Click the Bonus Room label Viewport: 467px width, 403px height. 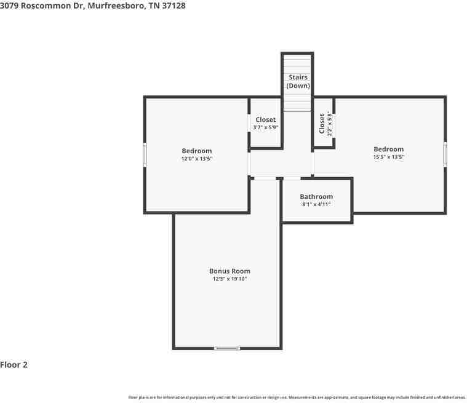[x=230, y=271]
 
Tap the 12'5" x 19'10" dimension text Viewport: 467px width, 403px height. [x=230, y=279]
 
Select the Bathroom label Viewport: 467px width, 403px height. [x=316, y=197]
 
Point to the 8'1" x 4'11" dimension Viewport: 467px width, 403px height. [x=316, y=204]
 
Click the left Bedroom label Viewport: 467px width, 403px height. [x=196, y=151]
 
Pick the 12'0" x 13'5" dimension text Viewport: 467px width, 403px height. [x=196, y=159]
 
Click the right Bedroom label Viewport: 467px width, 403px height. [x=388, y=149]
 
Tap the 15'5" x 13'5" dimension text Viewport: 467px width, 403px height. [x=388, y=157]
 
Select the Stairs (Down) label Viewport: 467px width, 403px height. [x=298, y=81]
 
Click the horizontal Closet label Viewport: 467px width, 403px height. [x=266, y=119]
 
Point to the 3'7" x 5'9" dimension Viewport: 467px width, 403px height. [x=266, y=127]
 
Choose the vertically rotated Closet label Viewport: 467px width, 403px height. [x=322, y=123]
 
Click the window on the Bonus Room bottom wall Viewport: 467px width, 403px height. [x=226, y=348]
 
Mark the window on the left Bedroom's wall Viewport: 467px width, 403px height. [x=145, y=154]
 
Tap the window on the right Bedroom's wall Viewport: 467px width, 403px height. [x=445, y=154]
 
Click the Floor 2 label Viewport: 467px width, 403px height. [x=14, y=365]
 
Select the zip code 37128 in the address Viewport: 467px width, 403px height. [x=174, y=6]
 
